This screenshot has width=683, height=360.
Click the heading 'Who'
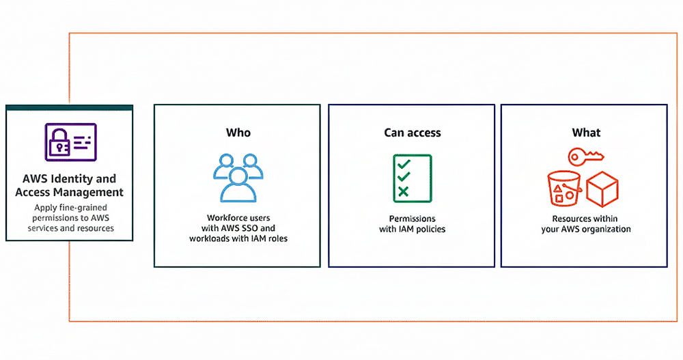click(238, 133)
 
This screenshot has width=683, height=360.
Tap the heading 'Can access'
click(412, 133)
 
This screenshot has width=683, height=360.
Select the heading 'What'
click(585, 133)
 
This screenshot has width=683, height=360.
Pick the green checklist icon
click(412, 178)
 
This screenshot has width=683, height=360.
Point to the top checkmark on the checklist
click(404, 164)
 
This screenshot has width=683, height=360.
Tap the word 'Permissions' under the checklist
click(412, 219)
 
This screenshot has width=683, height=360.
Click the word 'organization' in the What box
click(607, 230)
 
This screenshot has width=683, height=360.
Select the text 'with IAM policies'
click(412, 230)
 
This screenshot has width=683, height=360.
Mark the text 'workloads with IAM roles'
click(238, 239)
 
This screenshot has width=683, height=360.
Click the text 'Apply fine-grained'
click(70, 207)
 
